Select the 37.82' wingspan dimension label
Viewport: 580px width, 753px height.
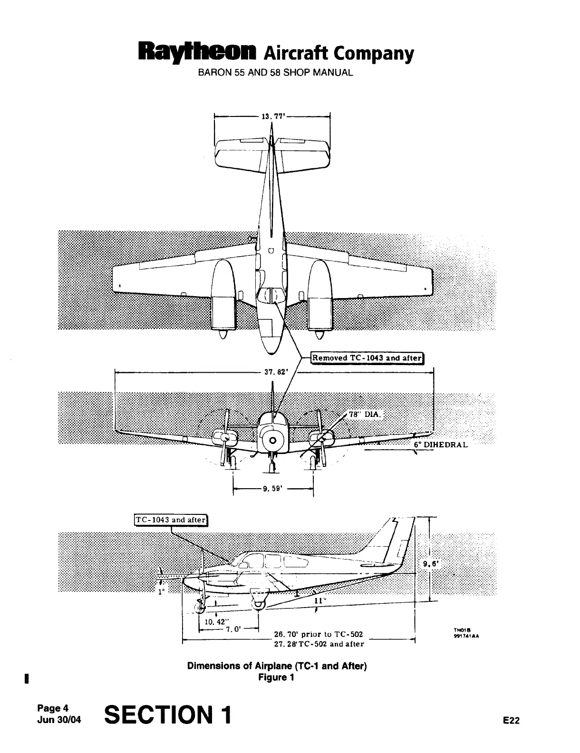[274, 373]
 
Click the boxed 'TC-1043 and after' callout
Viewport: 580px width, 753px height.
[171, 520]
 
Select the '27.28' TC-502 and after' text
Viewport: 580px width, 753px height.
[319, 644]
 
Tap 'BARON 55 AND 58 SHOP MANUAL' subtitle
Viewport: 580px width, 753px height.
[275, 74]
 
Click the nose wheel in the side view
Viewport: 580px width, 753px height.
[199, 607]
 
